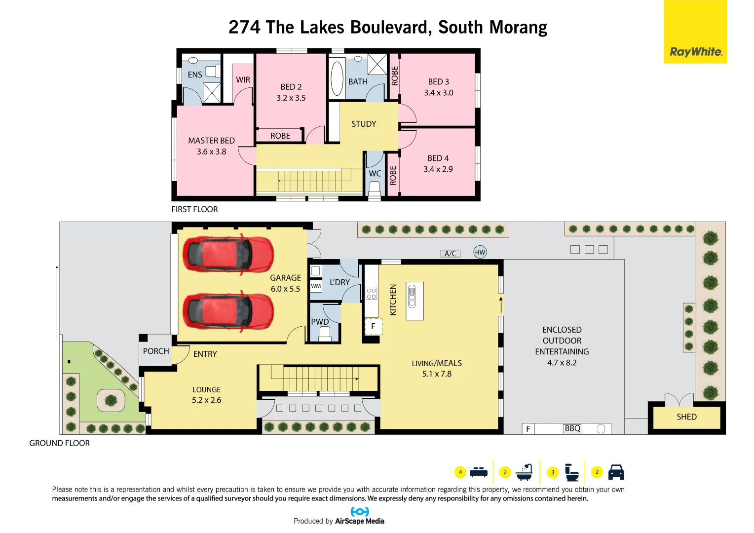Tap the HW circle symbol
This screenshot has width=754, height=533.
pos(480,252)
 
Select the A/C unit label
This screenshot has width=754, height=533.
pos(450,254)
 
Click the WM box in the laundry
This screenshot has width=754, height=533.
pos(316,286)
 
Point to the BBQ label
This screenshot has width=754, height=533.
pos(572,428)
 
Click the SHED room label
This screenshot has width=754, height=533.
pos(686,417)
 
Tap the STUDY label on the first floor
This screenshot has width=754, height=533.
pos(364,124)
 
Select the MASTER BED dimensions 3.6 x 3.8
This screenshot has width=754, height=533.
pos(211,152)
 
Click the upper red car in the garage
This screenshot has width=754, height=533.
pos(228,254)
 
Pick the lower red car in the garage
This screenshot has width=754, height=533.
pos(228,311)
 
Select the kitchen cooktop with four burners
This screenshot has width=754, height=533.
pos(372,294)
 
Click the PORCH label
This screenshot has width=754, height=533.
pos(156,351)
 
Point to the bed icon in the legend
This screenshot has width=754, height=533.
pos(478,472)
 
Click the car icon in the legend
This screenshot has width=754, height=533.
pos(616,472)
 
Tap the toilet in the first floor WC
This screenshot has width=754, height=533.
pos(375,188)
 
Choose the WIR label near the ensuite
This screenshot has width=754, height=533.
pos(243,80)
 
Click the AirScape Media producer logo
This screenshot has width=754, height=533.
pos(360,512)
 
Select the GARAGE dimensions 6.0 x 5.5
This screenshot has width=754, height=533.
pos(285,289)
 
